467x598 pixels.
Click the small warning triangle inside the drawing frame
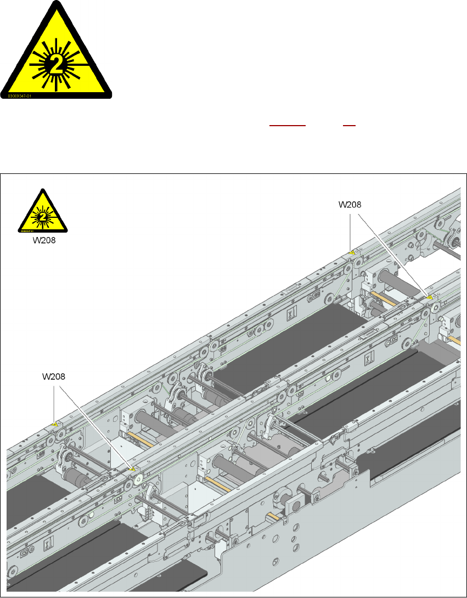43,211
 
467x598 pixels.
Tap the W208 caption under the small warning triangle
42,240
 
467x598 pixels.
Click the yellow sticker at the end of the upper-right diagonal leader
430,297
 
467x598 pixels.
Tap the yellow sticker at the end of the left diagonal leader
131,469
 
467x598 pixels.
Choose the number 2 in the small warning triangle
43,216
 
